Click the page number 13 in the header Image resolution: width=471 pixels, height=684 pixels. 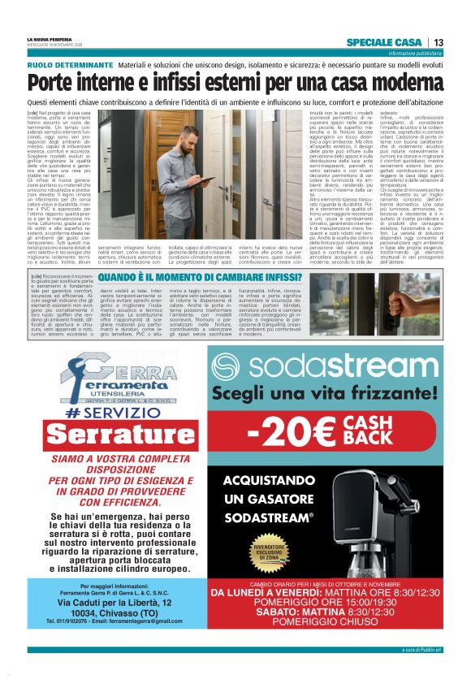click(438, 42)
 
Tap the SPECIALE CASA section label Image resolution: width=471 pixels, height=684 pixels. click(383, 42)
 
